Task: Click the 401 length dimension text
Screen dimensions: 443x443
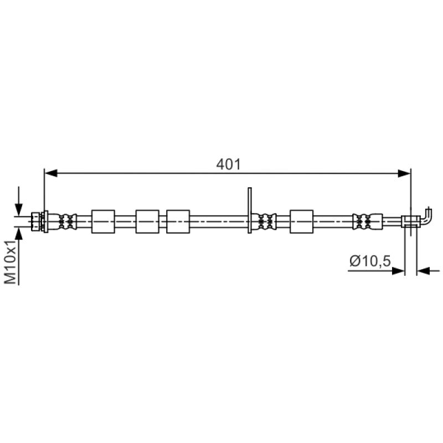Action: pyautogui.click(x=228, y=164)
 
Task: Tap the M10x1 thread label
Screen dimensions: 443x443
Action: pyautogui.click(x=11, y=262)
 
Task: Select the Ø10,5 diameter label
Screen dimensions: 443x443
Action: pyautogui.click(x=370, y=261)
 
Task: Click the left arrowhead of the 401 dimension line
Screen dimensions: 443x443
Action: pyautogui.click(x=51, y=173)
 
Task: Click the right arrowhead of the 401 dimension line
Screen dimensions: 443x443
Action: pyautogui.click(x=404, y=173)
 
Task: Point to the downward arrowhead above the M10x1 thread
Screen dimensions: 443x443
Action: pyautogui.click(x=19, y=209)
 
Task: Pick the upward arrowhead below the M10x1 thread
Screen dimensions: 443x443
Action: pyautogui.click(x=19, y=233)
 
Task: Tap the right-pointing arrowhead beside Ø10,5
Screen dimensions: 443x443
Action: pyautogui.click(x=398, y=271)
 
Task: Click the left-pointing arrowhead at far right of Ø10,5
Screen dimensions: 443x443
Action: pyautogui.click(x=423, y=271)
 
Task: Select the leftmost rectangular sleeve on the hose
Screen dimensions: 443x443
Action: pyautogui.click(x=103, y=221)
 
